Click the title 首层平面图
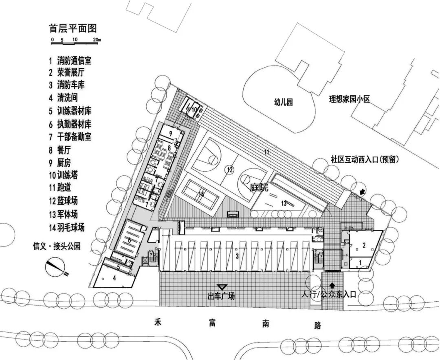coord(73,29)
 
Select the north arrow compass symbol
coord(57,268)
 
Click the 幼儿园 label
coord(283,102)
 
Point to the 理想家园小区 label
coord(350,99)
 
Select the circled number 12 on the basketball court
coord(229,169)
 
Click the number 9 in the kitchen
coord(171,133)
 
